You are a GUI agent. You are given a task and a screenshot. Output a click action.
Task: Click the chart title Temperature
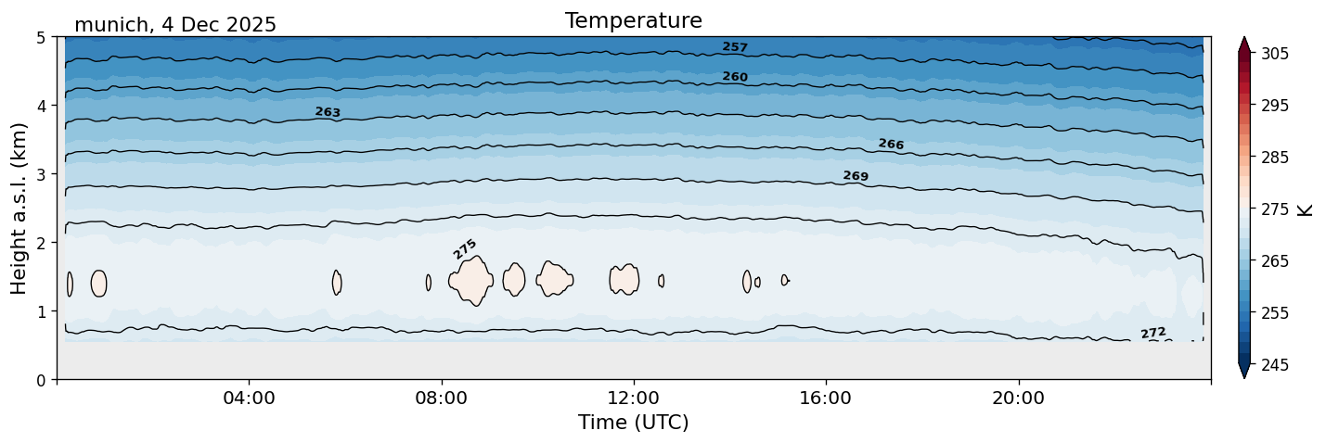[x=633, y=20]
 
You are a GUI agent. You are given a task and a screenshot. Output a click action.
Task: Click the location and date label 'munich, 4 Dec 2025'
[x=175, y=25]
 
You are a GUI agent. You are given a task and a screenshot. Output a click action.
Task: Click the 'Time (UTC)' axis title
[x=633, y=423]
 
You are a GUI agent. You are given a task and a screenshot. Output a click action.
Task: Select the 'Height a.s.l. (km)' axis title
[x=19, y=208]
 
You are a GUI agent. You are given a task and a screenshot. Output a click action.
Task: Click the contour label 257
[x=735, y=47]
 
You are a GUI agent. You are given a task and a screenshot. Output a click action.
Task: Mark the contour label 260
[x=735, y=77]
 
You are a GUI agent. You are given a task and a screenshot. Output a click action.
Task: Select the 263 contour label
[x=328, y=112]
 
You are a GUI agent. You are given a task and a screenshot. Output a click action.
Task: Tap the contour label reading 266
[x=891, y=145]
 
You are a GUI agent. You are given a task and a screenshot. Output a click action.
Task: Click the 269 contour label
[x=856, y=176]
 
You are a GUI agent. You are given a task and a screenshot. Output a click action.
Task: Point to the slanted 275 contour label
[x=465, y=248]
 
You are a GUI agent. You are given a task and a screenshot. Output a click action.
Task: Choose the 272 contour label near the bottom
[x=1153, y=333]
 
